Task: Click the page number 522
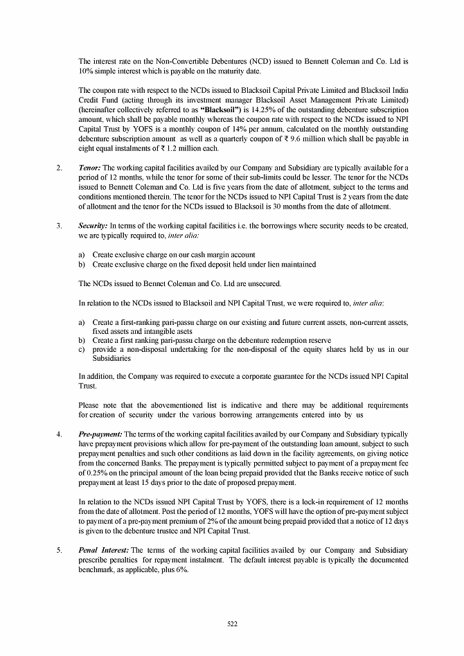232,623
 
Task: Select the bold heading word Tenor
90,168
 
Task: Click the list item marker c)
82,349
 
